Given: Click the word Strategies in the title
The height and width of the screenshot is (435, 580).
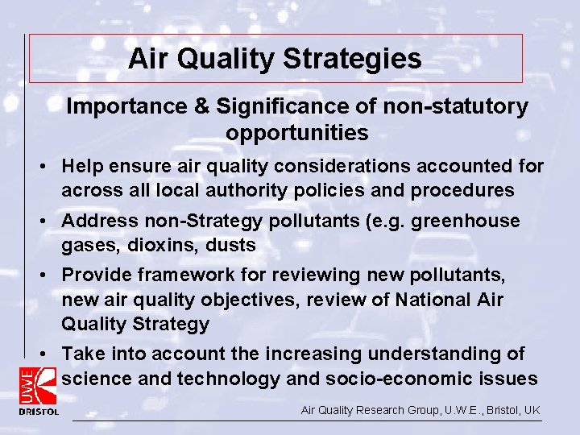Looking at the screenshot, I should (x=357, y=59).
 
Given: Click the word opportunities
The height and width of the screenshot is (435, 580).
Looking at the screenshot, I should (x=297, y=133).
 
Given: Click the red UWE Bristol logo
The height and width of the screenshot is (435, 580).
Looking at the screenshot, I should (x=39, y=390).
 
